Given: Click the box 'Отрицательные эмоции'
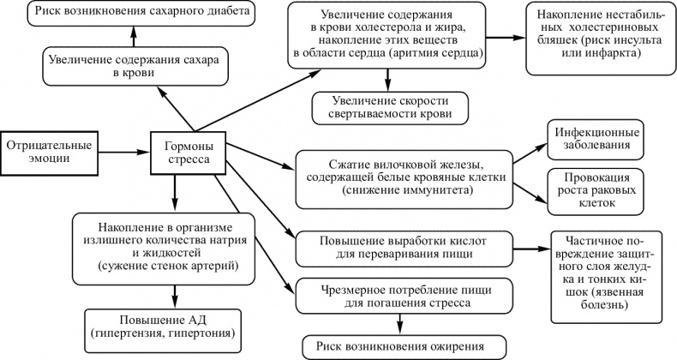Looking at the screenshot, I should (x=48, y=151).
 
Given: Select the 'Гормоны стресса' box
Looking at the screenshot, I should (x=189, y=152).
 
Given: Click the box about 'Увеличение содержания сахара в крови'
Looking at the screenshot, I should (x=127, y=66).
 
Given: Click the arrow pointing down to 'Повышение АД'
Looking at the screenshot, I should (x=175, y=293).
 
